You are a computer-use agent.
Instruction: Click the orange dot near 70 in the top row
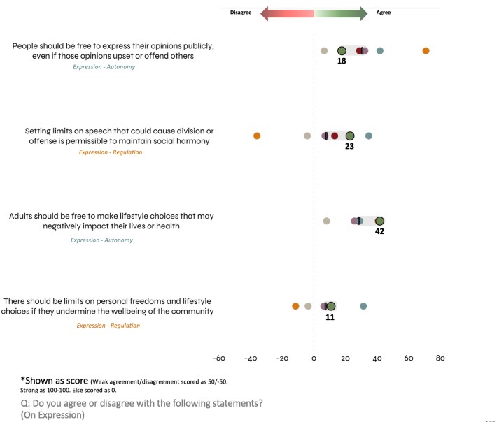click(426, 50)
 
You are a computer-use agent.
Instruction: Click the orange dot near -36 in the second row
click(257, 136)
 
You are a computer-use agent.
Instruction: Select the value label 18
click(342, 62)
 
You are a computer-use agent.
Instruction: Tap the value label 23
click(349, 147)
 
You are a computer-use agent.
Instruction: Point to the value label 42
click(379, 231)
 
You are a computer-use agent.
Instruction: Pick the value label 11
click(330, 316)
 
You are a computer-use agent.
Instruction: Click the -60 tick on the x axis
click(218, 358)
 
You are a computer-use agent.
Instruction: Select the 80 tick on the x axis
click(440, 358)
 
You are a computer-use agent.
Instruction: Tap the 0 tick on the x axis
click(314, 358)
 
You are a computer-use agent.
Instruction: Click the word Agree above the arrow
click(384, 13)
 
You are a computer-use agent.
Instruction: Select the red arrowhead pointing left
click(265, 13)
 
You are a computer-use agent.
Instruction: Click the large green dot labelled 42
click(379, 221)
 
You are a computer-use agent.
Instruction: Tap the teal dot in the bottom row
click(363, 306)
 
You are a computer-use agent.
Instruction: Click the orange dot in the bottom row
click(295, 306)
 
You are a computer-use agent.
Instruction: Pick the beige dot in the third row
click(327, 221)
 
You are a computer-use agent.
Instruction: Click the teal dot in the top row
click(379, 50)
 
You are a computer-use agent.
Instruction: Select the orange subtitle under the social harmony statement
click(109, 152)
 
